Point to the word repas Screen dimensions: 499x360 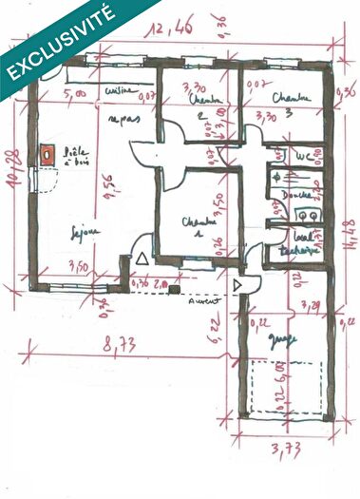[120, 121]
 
